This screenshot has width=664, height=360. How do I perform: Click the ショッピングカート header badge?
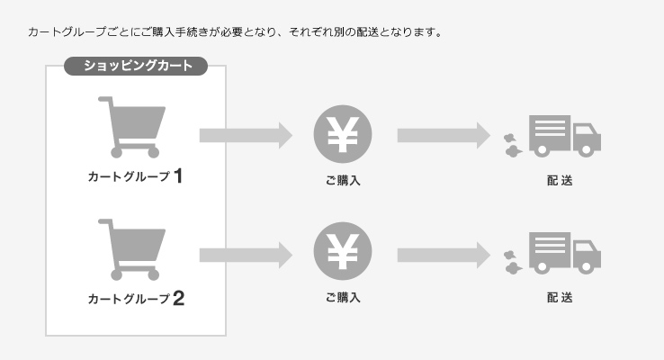(136, 66)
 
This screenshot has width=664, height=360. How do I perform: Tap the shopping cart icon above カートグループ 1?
(132, 127)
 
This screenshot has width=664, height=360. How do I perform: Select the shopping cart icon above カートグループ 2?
(132, 250)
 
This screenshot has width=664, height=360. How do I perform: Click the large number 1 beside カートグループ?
(178, 175)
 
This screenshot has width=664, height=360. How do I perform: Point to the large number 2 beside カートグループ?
(179, 298)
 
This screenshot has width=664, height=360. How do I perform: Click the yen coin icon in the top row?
(343, 134)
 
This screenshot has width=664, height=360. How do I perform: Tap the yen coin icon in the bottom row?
(343, 251)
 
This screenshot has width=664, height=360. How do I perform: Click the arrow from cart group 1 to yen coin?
(246, 136)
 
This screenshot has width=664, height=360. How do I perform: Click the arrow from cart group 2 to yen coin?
(246, 256)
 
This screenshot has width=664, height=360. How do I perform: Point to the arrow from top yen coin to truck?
(444, 136)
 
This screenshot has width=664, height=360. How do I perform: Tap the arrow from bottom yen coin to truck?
(444, 256)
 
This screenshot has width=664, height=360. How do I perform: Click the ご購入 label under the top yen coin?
(343, 181)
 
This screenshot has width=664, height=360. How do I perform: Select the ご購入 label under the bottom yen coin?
(343, 298)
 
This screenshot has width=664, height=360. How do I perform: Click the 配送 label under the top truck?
(560, 181)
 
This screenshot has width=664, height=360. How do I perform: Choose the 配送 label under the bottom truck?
(560, 298)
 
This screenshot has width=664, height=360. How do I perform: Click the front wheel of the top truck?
(586, 149)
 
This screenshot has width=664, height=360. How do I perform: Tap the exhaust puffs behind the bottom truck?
(513, 262)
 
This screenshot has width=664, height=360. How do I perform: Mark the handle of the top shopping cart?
(106, 100)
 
